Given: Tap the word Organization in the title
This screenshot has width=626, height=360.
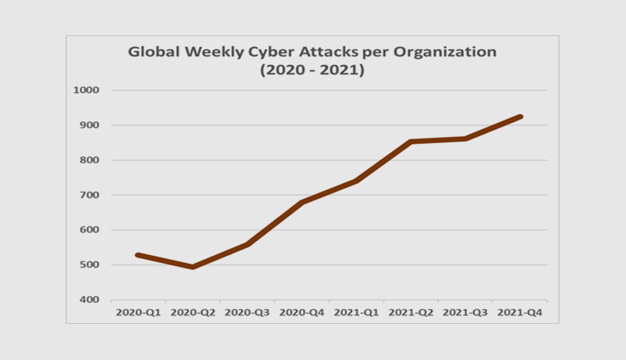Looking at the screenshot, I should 452,53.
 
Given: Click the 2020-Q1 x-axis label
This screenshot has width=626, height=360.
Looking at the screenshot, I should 137,312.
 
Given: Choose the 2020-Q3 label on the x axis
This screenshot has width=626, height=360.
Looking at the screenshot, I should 246,312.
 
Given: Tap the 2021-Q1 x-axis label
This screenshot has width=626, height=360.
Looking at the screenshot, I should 356,312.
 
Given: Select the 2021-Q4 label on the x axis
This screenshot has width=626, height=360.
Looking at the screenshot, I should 520,312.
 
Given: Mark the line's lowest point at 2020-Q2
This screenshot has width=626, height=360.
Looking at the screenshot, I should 192,267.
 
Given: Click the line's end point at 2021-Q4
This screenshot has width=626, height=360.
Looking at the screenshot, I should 520,117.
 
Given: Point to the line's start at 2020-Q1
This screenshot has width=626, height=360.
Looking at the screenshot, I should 138,255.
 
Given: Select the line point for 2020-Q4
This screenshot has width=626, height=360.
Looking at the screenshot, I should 302,202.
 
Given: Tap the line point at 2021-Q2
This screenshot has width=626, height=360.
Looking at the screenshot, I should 411,142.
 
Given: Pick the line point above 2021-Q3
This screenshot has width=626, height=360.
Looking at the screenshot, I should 466,139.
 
